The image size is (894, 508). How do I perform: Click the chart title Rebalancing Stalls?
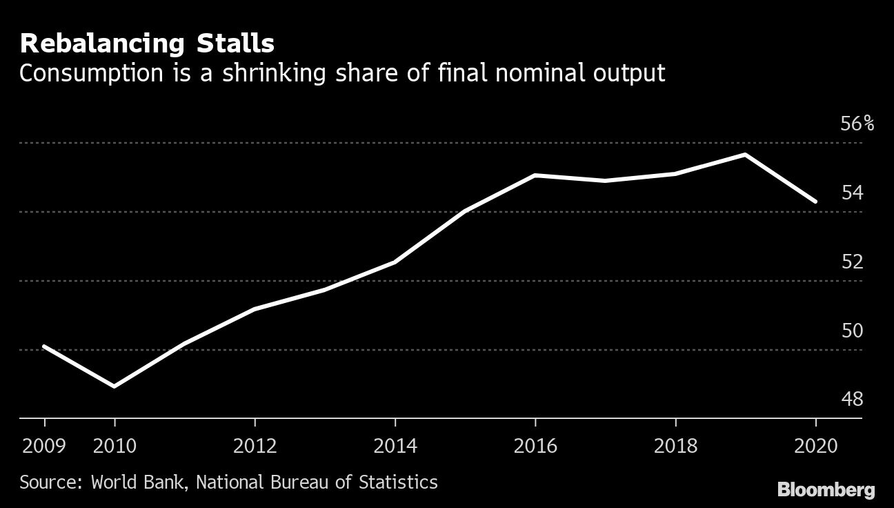147,44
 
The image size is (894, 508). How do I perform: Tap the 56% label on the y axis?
857,124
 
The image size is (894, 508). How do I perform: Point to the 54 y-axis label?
852,193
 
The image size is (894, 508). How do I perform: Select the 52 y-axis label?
852,262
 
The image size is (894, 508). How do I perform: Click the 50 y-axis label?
852,331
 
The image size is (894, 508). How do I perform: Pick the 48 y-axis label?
852,400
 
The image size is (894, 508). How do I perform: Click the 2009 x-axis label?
43,446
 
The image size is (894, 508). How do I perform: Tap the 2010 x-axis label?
115,446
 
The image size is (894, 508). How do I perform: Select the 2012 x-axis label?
255,446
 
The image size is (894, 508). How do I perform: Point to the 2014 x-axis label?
395,446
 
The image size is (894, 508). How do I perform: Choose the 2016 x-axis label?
535,446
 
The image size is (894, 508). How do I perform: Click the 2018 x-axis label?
675,446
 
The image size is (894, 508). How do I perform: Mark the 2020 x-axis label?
815,446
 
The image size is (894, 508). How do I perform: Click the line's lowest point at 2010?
115,386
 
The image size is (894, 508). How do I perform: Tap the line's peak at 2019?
746,155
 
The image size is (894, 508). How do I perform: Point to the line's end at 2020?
815,202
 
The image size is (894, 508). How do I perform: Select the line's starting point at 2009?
45,346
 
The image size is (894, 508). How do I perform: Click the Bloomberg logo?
826,490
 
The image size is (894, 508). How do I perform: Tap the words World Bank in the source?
137,481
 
